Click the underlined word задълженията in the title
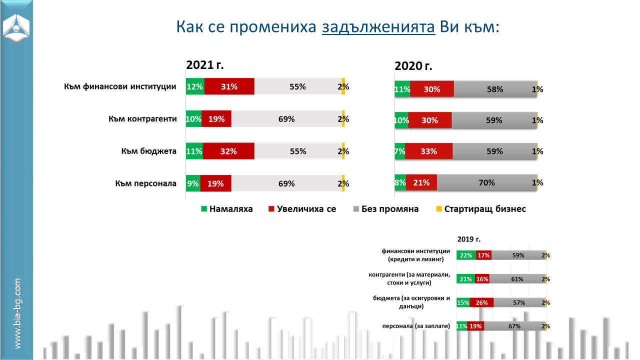point(378,26)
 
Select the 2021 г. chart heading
point(205,65)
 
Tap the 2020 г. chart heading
point(413,66)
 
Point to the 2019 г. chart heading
point(468,239)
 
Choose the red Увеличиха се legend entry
point(302,209)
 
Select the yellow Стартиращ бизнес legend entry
point(480,209)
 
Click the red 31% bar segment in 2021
point(229,86)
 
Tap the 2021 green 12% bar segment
point(195,86)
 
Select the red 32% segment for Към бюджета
point(228,151)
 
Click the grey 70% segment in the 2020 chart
point(486,183)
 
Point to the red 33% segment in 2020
point(428,151)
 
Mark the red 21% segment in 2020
point(421,183)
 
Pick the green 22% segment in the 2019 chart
point(466,255)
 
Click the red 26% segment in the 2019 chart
point(481,302)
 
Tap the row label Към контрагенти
point(142,119)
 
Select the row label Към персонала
point(145,183)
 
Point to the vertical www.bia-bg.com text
point(17,313)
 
